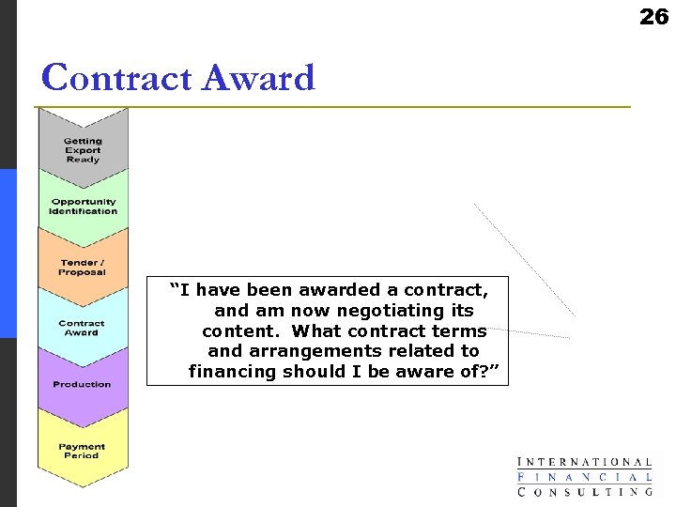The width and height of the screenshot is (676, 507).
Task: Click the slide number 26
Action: [653, 16]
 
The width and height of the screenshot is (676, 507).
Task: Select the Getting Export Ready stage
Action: [83, 150]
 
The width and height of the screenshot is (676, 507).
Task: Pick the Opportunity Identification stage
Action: [83, 206]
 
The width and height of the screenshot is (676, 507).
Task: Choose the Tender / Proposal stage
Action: [83, 268]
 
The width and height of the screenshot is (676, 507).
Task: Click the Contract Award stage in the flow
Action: [83, 328]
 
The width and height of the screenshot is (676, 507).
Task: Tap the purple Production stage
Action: [83, 384]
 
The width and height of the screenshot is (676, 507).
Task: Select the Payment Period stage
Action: [83, 451]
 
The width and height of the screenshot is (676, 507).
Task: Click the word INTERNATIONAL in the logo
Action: [585, 462]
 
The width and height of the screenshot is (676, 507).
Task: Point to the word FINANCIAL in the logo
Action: [585, 476]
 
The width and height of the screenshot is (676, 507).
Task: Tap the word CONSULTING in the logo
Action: [585, 491]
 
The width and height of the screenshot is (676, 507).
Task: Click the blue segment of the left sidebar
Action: [8, 253]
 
